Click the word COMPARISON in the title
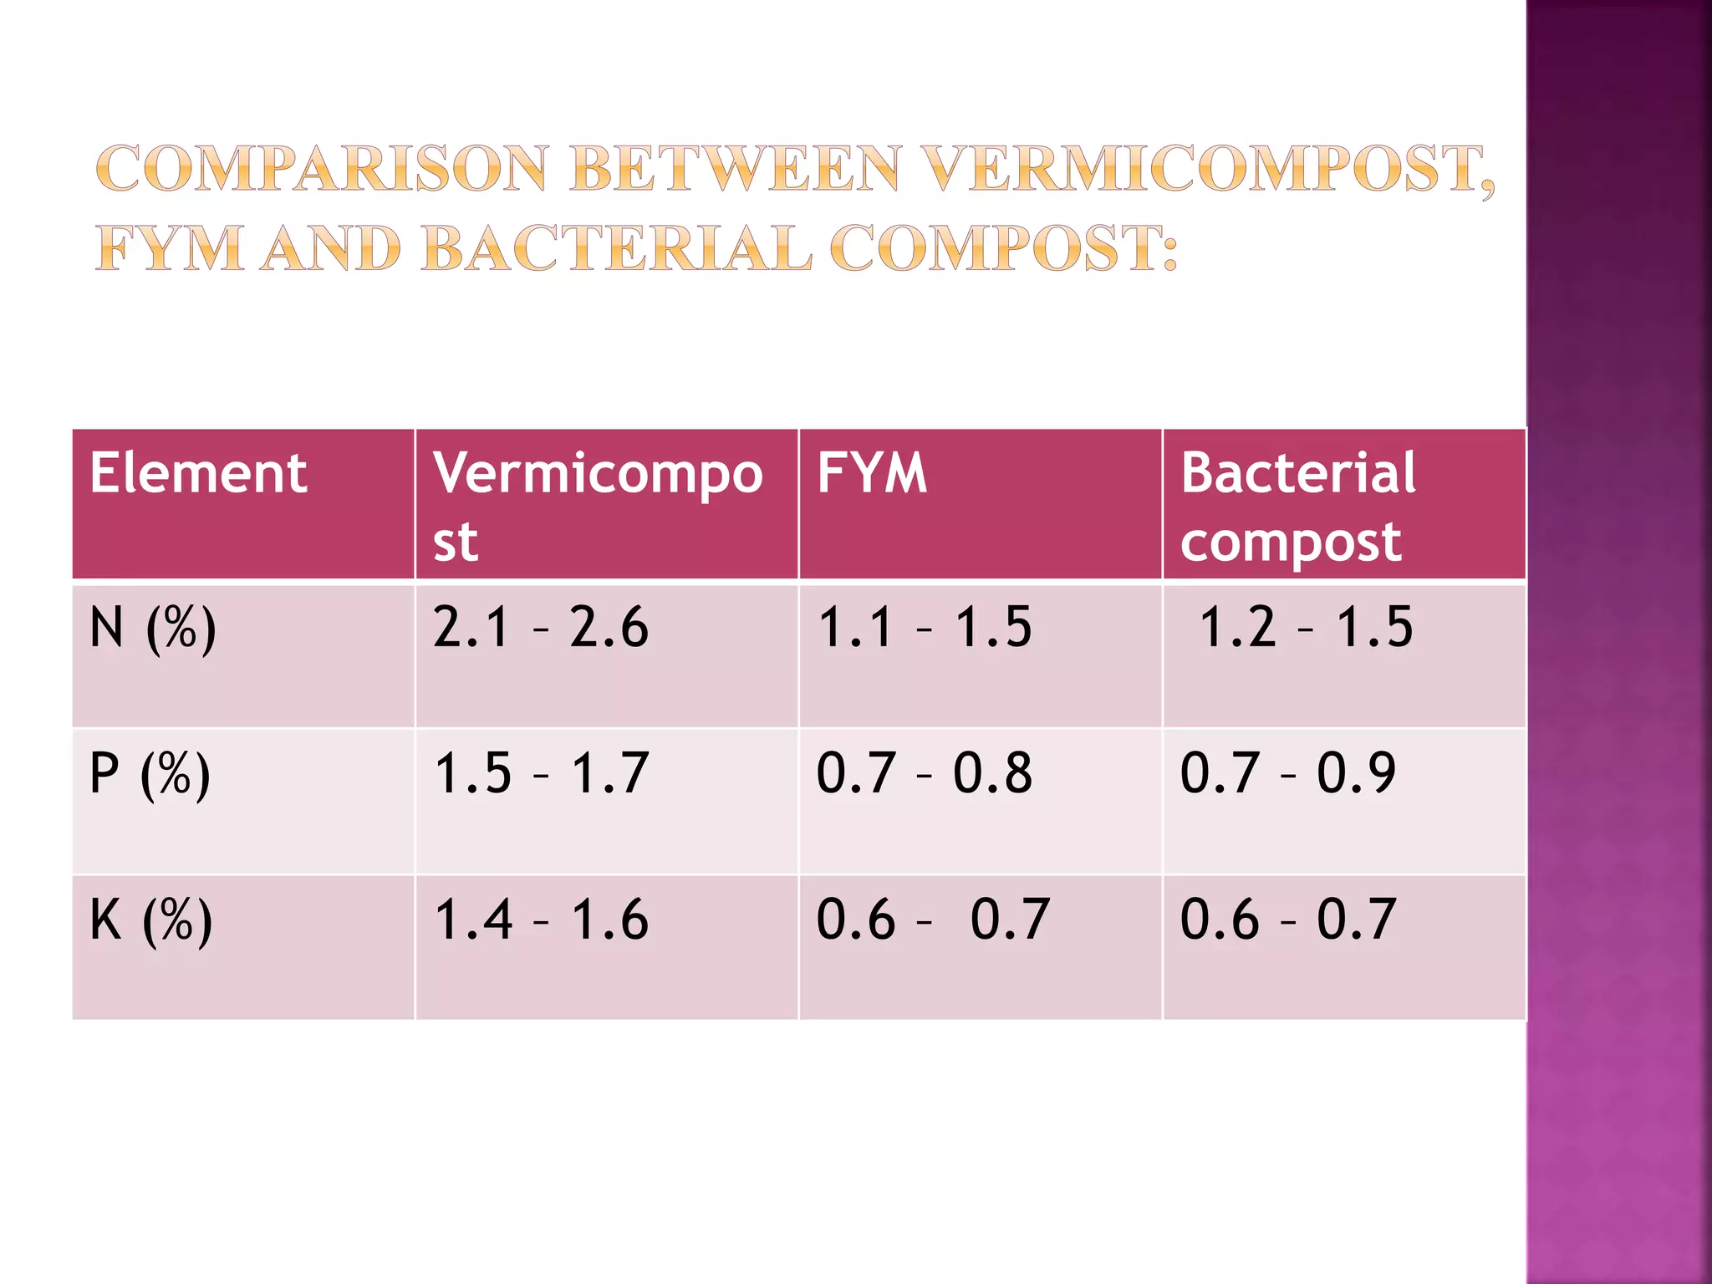322,169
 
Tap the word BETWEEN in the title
736,169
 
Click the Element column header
199,473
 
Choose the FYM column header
872,473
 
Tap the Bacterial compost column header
1297,506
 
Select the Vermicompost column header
598,506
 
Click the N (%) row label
153,628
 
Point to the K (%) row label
151,920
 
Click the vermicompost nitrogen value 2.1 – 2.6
541,628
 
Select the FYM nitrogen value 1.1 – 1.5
925,628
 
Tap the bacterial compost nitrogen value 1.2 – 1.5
1306,628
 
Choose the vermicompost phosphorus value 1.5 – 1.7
541,773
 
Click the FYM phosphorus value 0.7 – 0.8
925,773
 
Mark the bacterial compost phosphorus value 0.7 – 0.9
1288,773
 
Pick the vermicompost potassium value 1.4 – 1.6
541,920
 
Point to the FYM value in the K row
933,920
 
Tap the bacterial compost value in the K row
1288,920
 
